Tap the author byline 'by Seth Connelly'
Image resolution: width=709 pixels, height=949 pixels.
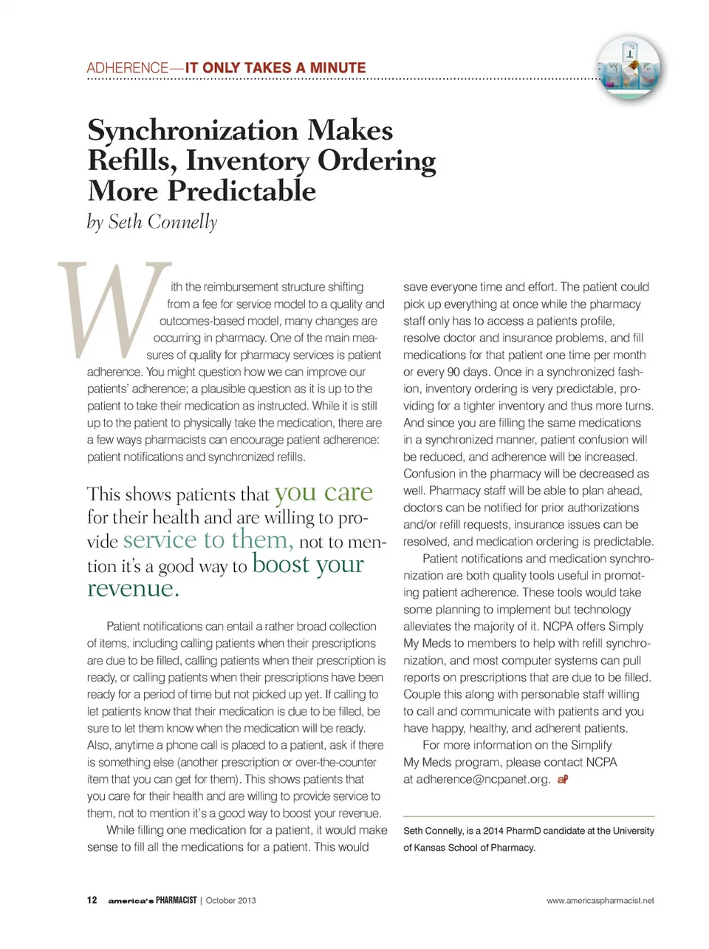pyautogui.click(x=152, y=222)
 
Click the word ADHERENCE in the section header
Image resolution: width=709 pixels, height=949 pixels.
pyautogui.click(x=127, y=68)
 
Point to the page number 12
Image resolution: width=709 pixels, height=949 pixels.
pyautogui.click(x=92, y=900)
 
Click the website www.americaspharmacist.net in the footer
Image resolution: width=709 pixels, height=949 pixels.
pyautogui.click(x=600, y=901)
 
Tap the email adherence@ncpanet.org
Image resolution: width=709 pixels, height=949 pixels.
pyautogui.click(x=483, y=779)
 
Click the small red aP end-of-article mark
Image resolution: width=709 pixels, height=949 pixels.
pyautogui.click(x=563, y=779)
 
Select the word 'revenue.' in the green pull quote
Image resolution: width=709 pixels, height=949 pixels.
pyautogui.click(x=133, y=588)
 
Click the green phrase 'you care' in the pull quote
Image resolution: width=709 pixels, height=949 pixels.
pyautogui.click(x=323, y=492)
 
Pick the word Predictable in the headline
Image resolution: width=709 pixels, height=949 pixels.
pyautogui.click(x=242, y=191)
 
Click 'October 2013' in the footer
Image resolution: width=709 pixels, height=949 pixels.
pyautogui.click(x=230, y=901)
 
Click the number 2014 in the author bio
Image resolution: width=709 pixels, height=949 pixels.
pyautogui.click(x=494, y=831)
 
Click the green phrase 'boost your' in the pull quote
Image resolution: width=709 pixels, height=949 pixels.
pyautogui.click(x=308, y=564)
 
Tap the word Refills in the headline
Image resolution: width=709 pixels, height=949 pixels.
pyautogui.click(x=131, y=161)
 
